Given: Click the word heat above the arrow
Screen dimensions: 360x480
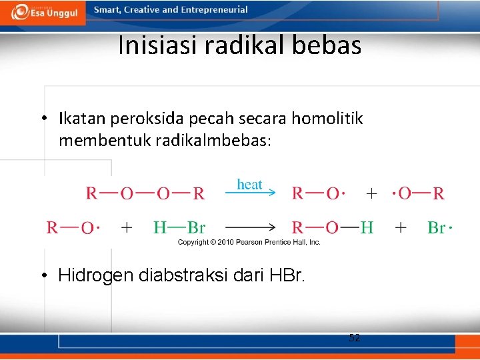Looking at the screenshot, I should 250,184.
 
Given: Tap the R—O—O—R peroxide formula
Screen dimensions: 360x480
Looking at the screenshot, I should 145,194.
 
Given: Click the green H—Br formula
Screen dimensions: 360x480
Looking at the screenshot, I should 179,228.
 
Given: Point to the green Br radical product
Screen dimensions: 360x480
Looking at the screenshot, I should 439,228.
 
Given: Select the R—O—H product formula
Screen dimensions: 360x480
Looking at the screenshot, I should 332,228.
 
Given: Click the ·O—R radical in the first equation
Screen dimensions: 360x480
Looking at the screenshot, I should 418,194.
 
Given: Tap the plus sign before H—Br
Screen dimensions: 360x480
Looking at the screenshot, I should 127,228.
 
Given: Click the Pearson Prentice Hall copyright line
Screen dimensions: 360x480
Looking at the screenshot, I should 249,242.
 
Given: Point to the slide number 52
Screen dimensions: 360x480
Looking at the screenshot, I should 355,338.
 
